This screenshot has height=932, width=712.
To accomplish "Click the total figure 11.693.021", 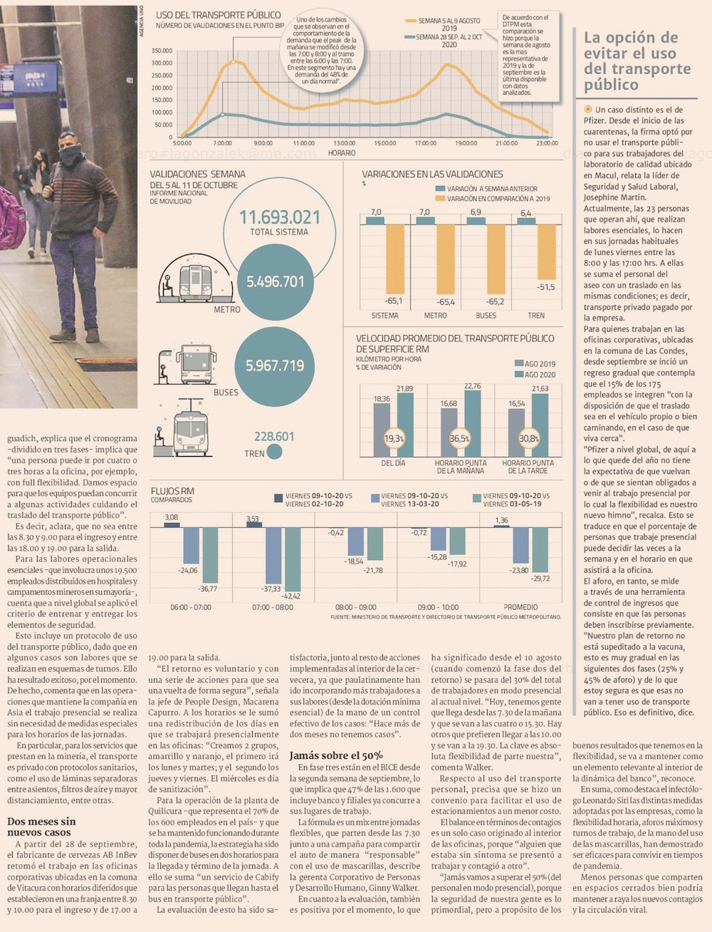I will tap(279, 217).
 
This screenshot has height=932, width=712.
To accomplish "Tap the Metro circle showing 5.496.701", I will tap(275, 282).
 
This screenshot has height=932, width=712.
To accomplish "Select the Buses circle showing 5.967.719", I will tap(275, 366).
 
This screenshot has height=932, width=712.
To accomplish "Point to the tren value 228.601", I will tap(274, 436).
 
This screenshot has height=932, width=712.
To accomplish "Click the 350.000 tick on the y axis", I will tap(162, 51).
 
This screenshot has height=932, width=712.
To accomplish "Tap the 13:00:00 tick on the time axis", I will tap(344, 143).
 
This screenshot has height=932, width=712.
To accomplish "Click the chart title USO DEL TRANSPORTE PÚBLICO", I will tap(218, 15).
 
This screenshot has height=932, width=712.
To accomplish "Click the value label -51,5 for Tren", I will tap(545, 287).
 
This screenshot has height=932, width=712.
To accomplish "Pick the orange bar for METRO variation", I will tap(446, 259).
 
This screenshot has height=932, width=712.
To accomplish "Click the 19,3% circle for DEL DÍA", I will tap(394, 438).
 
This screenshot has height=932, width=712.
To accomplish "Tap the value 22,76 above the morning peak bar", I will tap(472, 386).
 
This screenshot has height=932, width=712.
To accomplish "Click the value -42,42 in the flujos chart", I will tap(290, 596).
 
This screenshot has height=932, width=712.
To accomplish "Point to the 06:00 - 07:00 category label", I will tap(191, 607).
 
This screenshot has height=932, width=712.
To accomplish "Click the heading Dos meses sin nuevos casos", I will tap(41, 827).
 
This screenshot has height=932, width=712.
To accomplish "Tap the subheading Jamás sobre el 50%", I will tap(335, 755).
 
